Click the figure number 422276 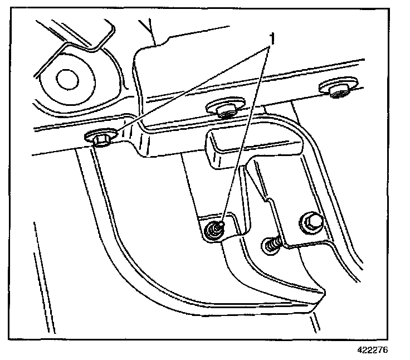(372, 351)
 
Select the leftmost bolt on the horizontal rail (99, 138)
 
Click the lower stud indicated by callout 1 (213, 230)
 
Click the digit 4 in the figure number (360, 351)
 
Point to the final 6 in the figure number (385, 351)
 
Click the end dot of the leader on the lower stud (222, 223)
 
